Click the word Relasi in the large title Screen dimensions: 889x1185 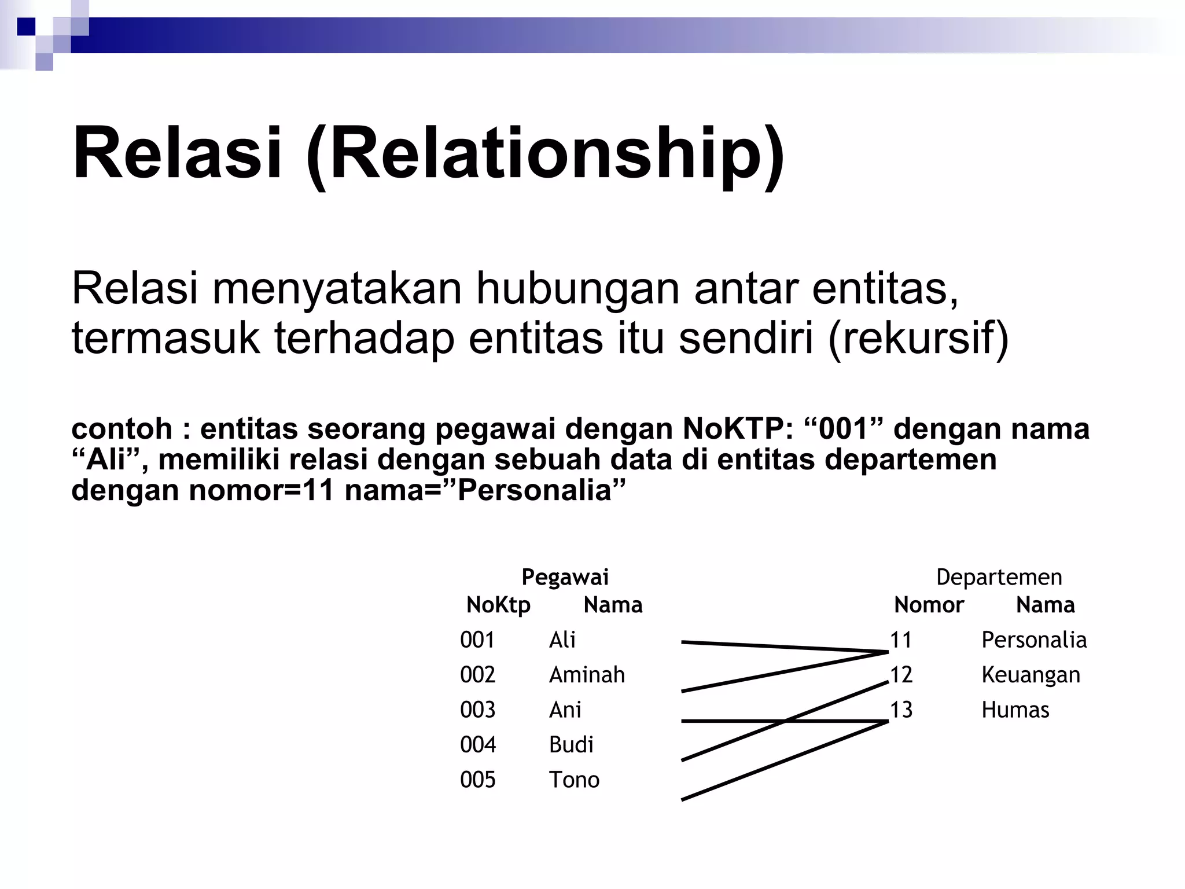[x=177, y=154]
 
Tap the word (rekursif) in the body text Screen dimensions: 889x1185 [x=919, y=338]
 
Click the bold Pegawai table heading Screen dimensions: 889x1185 [x=565, y=578]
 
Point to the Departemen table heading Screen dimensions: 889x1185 [x=999, y=578]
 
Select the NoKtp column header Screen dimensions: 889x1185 [x=498, y=605]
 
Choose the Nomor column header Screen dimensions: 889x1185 [x=929, y=605]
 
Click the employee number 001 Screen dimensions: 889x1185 [x=477, y=640]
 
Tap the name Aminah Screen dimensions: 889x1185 [x=587, y=675]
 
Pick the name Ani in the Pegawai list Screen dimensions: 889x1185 [x=565, y=710]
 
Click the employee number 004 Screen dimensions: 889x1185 [x=477, y=745]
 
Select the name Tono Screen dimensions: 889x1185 [x=574, y=780]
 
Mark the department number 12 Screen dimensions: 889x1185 [x=901, y=675]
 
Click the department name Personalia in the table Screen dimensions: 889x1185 [x=1034, y=640]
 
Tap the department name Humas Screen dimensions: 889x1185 [x=1015, y=710]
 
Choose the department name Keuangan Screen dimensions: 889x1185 [x=1031, y=675]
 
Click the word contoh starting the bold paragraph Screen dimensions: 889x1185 [x=122, y=429]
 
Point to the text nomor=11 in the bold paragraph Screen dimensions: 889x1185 [x=261, y=491]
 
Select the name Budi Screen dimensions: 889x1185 [x=571, y=745]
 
